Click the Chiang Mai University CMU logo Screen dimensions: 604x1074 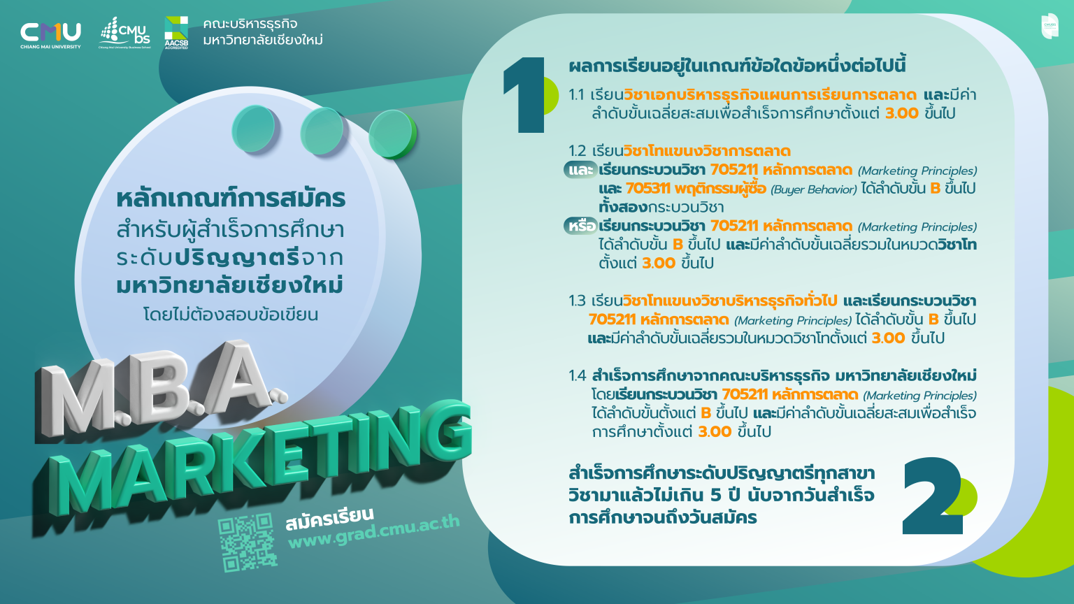coord(50,34)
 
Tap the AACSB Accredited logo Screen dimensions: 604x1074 coord(176,32)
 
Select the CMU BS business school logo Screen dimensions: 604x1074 coord(125,33)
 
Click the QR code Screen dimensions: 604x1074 coord(246,542)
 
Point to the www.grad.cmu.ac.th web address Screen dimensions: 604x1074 coord(374,532)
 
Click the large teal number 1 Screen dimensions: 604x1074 coord(525,95)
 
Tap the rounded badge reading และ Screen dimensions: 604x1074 coord(580,170)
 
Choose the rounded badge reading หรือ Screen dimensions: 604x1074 coord(581,226)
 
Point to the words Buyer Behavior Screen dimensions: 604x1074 coord(813,189)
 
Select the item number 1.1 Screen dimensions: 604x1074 coord(577,95)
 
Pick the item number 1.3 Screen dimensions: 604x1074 coord(577,301)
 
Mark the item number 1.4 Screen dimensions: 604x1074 coord(578,376)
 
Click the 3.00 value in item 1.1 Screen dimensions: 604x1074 coord(901,113)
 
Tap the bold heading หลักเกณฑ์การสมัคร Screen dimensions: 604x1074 coord(231,199)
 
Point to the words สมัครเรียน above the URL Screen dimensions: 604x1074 coord(329,519)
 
